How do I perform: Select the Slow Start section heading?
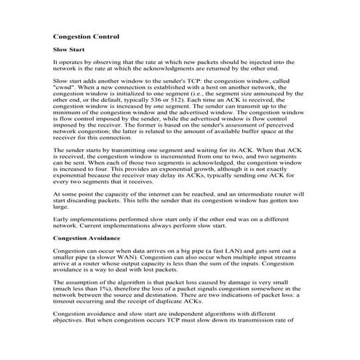pos(70,49)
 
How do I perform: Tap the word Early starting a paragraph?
pos(62,218)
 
